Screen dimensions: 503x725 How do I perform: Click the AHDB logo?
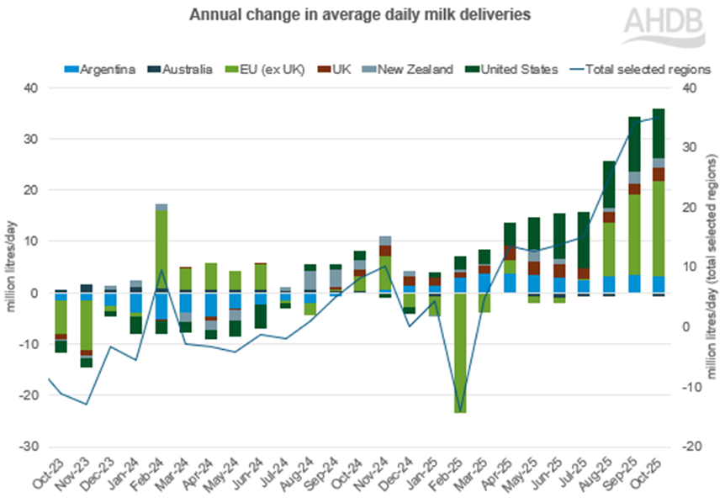tap(663, 26)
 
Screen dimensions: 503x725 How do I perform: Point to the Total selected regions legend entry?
tap(643, 69)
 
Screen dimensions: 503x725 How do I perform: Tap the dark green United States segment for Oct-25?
tap(659, 133)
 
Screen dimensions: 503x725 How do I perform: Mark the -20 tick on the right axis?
tap(691, 447)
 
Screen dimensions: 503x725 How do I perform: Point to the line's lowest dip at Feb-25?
tap(460, 411)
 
